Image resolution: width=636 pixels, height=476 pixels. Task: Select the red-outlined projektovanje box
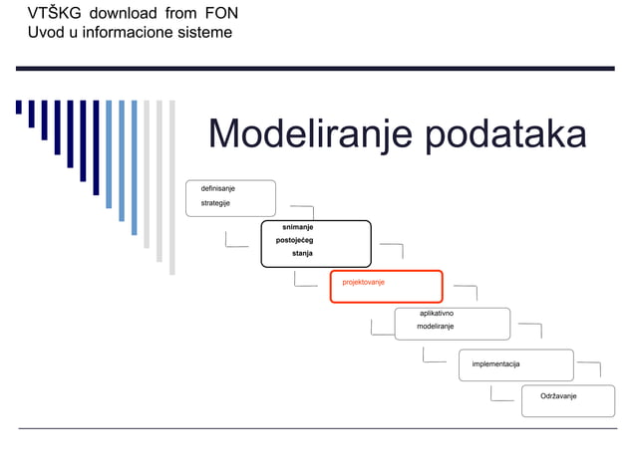click(386, 286)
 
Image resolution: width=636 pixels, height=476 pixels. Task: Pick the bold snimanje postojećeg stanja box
click(315, 243)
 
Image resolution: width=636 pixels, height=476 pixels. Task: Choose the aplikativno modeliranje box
click(452, 323)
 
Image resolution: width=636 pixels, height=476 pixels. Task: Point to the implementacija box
click(515, 364)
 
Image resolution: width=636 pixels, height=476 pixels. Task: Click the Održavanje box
click(567, 399)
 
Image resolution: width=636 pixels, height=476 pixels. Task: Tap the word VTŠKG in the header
click(48, 13)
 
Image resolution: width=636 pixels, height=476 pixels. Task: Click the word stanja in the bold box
click(302, 254)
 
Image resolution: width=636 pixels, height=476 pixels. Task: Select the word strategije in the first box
click(216, 203)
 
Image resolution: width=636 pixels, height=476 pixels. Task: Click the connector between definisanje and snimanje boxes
click(301, 211)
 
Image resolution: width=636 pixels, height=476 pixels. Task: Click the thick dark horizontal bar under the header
click(315, 68)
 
